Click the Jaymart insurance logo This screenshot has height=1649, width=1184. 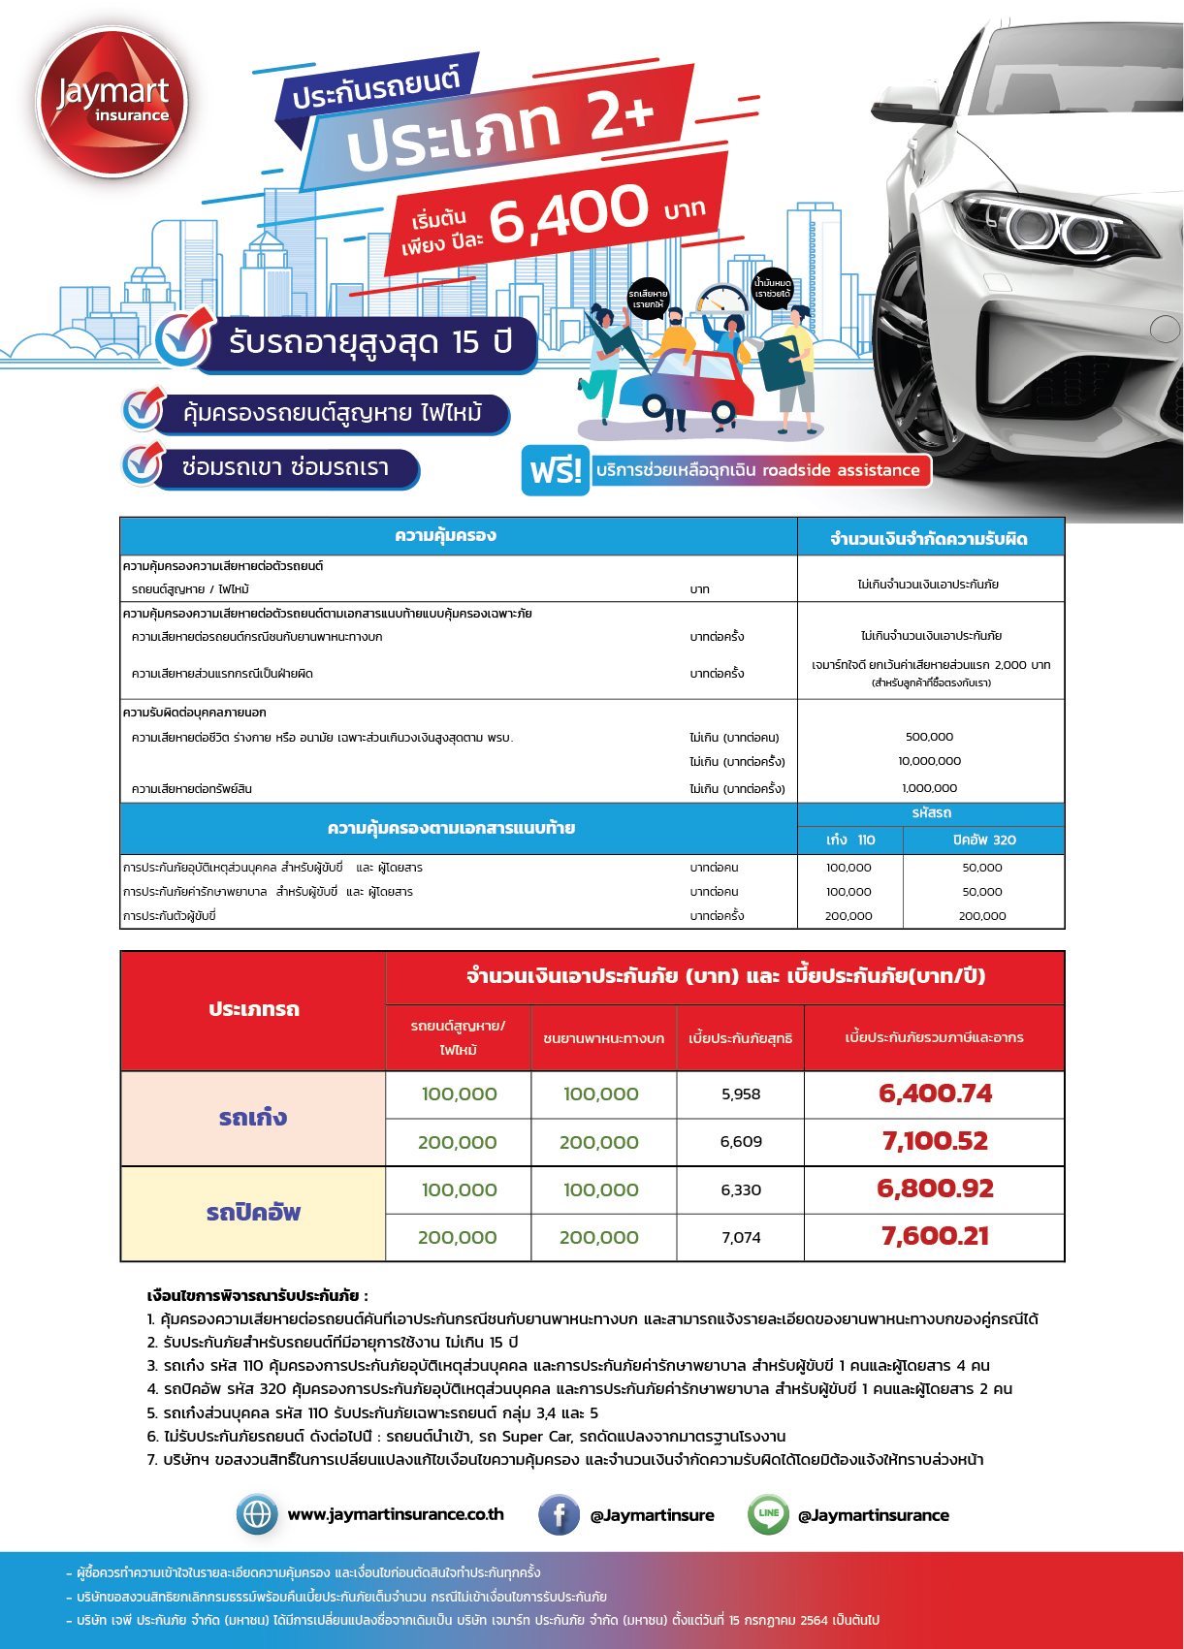pyautogui.click(x=112, y=103)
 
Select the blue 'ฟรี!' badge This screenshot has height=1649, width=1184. pyautogui.click(x=556, y=470)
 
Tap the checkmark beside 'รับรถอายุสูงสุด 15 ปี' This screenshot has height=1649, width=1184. pyautogui.click(x=183, y=339)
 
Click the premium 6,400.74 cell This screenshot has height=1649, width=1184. pyautogui.click(x=935, y=1094)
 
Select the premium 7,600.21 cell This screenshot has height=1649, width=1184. pyautogui.click(x=935, y=1237)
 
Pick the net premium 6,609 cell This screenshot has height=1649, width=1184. pyautogui.click(x=741, y=1142)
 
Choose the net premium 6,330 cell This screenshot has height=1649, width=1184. pyautogui.click(x=741, y=1189)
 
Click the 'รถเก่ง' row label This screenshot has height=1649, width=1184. pyautogui.click(x=253, y=1118)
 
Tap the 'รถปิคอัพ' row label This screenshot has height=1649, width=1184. pyautogui.click(x=253, y=1213)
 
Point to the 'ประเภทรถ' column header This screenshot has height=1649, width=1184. pyautogui.click(x=253, y=1009)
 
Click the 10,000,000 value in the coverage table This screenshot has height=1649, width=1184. pyautogui.click(x=929, y=761)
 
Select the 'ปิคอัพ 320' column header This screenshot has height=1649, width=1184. pyautogui.click(x=983, y=840)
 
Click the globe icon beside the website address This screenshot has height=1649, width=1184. pyautogui.click(x=257, y=1514)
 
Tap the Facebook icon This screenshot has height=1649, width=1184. pyautogui.click(x=560, y=1514)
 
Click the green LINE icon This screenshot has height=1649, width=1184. pyautogui.click(x=768, y=1514)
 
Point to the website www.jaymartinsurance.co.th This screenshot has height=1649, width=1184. pyautogui.click(x=396, y=1514)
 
